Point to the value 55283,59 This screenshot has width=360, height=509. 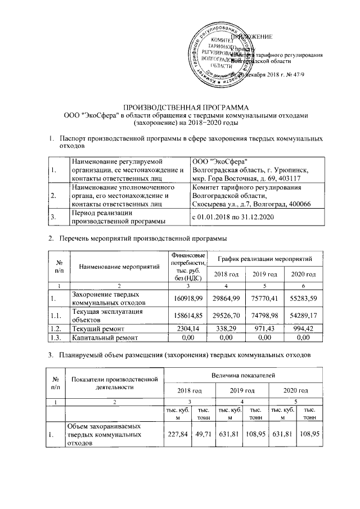tap(302, 298)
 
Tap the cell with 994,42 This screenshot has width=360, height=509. tap(302, 327)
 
